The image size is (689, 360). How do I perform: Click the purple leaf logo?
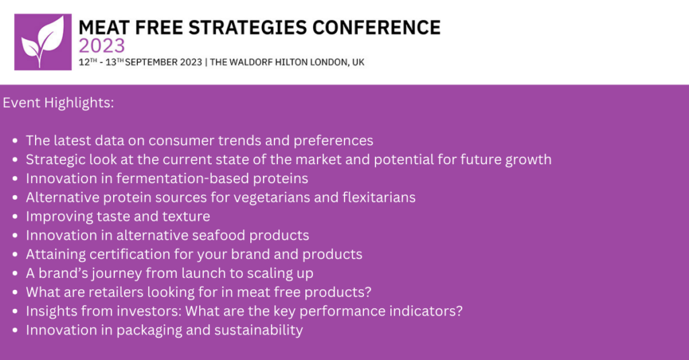[x=43, y=42]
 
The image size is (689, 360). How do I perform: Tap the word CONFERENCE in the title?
[x=377, y=28]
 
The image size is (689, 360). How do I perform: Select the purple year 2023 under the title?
[x=102, y=46]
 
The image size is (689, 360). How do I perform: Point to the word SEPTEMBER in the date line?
[x=151, y=62]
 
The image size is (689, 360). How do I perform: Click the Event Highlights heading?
[x=59, y=103]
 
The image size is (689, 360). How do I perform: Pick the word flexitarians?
[x=379, y=197]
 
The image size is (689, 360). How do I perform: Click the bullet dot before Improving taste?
[x=15, y=217]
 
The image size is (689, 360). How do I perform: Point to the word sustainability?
[x=258, y=330]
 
